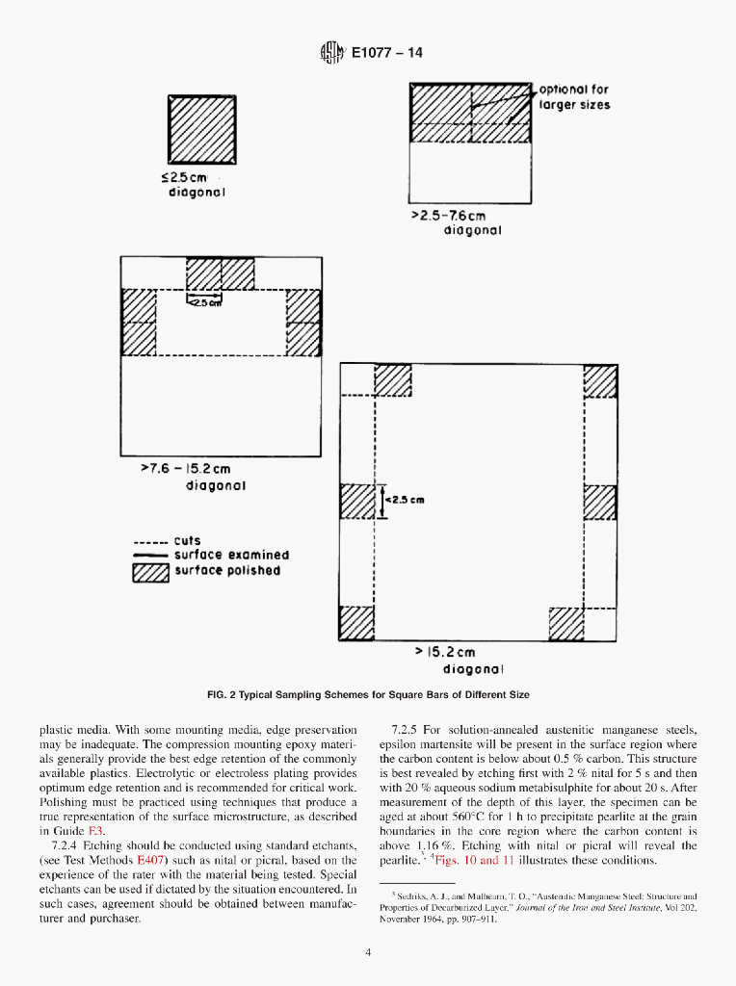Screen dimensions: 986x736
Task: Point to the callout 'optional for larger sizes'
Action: coord(574,97)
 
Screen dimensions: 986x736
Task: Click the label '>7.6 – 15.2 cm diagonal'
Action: coord(193,477)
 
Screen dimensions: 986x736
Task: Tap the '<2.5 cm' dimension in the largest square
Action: coord(404,500)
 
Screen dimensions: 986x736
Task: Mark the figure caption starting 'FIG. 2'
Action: coord(368,694)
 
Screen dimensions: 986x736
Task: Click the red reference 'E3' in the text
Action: coord(95,831)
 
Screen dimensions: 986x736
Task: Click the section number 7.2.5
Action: coord(408,730)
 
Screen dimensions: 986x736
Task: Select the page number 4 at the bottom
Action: coord(368,953)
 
